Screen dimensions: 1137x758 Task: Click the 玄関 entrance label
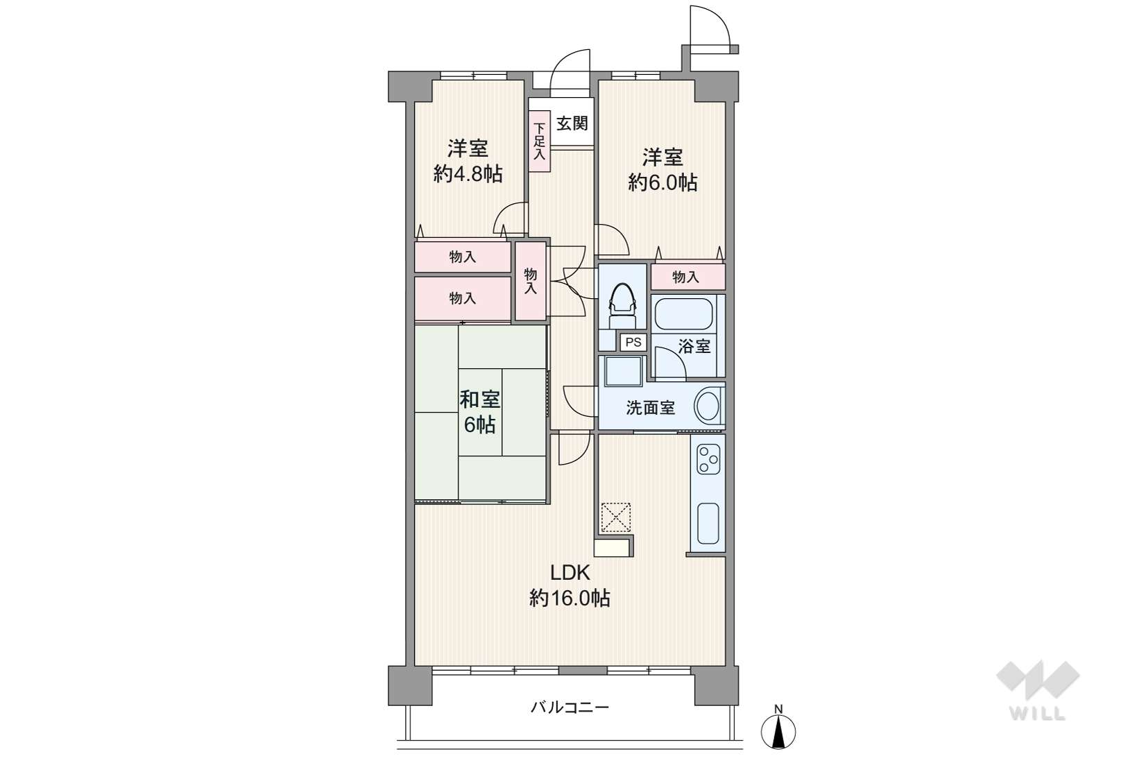click(572, 123)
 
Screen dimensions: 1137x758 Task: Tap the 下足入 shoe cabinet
click(539, 141)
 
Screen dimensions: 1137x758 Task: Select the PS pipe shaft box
click(633, 342)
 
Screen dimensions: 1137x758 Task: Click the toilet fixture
click(622, 305)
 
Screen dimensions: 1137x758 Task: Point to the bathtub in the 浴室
click(684, 314)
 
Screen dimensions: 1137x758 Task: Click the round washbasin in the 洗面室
click(707, 406)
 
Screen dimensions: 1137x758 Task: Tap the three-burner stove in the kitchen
click(708, 459)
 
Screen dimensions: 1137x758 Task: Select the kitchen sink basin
click(708, 524)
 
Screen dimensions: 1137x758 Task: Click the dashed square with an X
click(615, 517)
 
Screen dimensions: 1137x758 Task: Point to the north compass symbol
click(778, 730)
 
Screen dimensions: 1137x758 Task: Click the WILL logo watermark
click(1038, 691)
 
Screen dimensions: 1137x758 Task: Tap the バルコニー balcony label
click(570, 707)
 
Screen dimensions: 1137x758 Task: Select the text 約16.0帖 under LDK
click(570, 598)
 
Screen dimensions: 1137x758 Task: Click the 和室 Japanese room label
click(479, 399)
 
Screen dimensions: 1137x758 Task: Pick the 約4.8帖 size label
click(468, 174)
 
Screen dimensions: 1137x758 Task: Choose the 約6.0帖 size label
click(662, 182)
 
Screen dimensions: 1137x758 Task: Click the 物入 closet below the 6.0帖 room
click(687, 277)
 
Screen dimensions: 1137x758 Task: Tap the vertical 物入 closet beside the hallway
click(531, 281)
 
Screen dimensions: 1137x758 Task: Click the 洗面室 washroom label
click(650, 407)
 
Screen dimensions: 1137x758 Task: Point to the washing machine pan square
click(624, 372)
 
